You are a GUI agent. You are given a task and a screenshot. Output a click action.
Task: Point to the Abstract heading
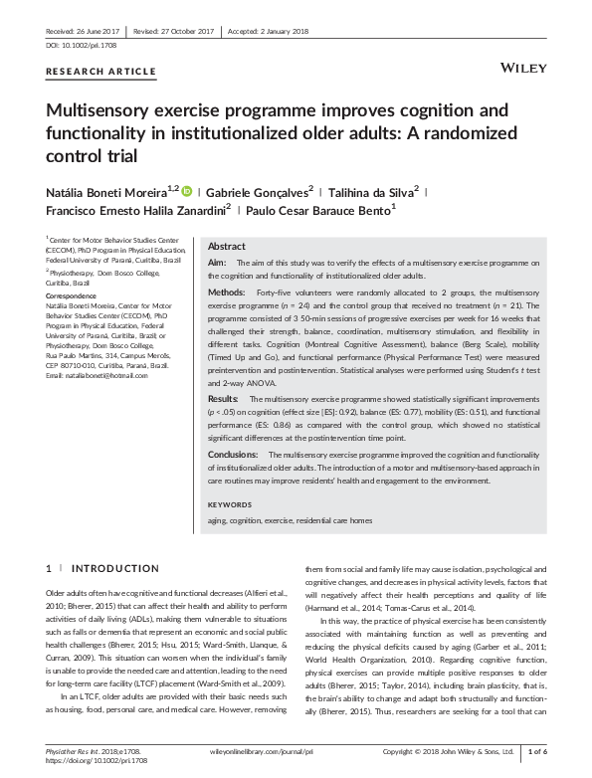click(x=226, y=246)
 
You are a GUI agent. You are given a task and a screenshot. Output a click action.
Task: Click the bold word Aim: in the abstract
click(x=217, y=262)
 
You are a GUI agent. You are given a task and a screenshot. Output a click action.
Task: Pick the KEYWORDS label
click(x=230, y=503)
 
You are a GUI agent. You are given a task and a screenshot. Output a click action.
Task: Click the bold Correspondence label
click(x=75, y=296)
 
